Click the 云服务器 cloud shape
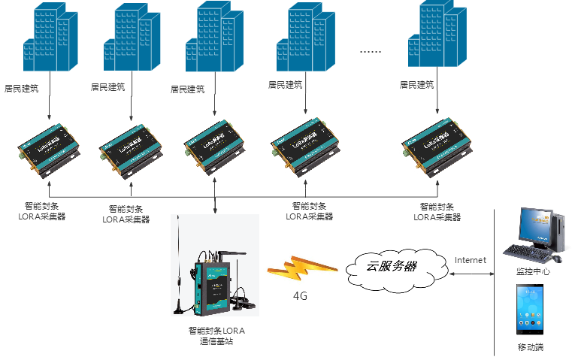pos(391,266)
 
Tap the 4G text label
pos(301,296)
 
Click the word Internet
pos(471,260)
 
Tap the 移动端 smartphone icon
pos(531,309)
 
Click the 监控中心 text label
pos(532,271)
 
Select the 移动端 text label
pos(531,347)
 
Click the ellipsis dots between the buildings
pos(371,52)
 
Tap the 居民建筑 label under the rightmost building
pos(416,85)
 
